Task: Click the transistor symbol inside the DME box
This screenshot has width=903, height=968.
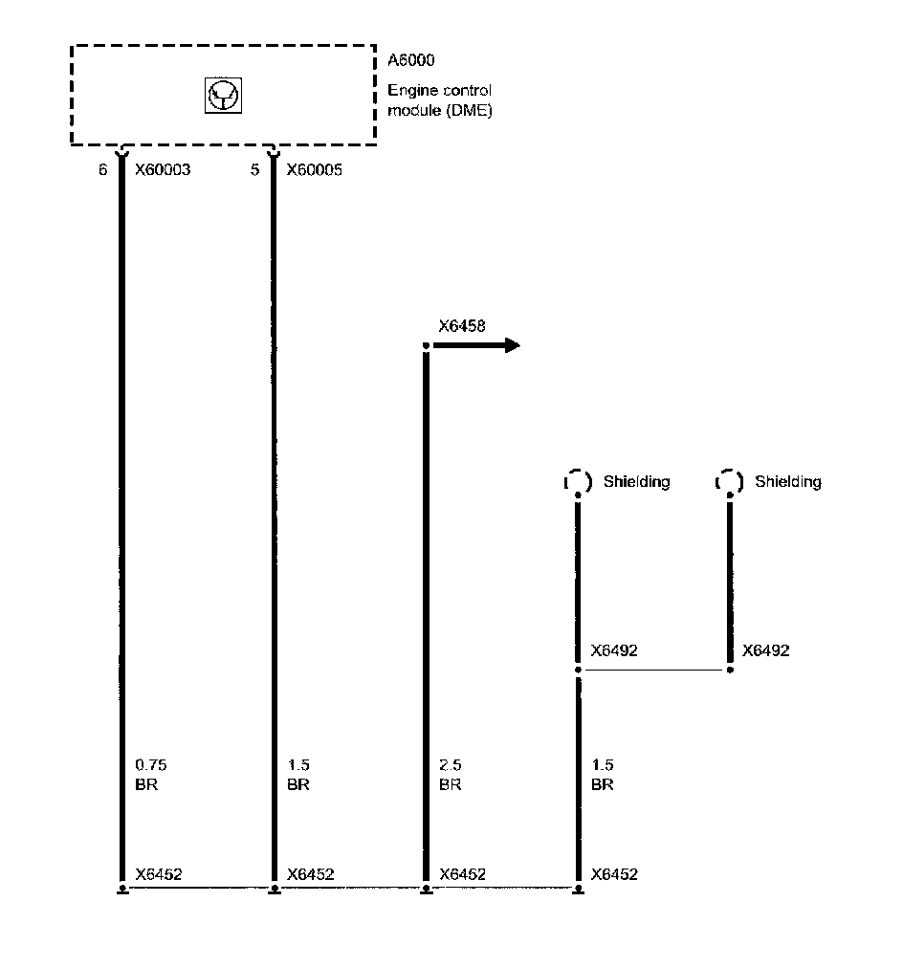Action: [223, 95]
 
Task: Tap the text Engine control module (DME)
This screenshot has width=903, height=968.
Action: [439, 100]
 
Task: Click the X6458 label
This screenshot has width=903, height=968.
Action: [462, 326]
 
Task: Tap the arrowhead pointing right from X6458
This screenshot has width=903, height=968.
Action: [512, 345]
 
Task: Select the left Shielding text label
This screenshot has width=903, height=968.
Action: [636, 481]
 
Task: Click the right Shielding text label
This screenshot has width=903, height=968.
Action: [788, 481]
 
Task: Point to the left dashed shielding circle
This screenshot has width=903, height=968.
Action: [578, 482]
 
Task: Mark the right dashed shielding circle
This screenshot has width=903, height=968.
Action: [729, 482]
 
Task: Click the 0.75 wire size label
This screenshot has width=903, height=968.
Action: [150, 765]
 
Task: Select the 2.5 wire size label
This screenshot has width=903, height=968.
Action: [451, 765]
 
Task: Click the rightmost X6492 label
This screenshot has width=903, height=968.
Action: [766, 650]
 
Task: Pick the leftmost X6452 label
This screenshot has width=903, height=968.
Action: [159, 874]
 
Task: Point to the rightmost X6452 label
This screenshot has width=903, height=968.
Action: [614, 874]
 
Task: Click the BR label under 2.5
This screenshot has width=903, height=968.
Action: [450, 784]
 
